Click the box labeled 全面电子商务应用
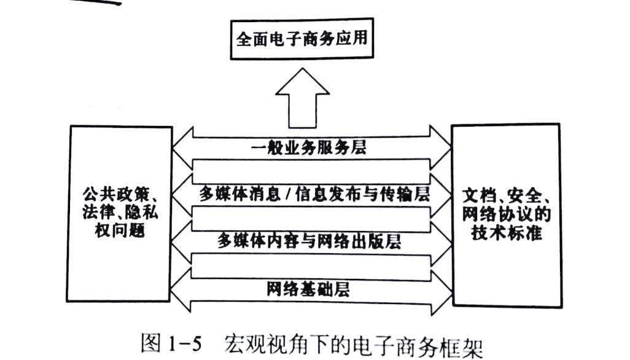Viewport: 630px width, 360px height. tap(301, 39)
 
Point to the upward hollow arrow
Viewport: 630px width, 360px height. tap(302, 98)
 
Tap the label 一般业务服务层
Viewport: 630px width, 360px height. tap(308, 148)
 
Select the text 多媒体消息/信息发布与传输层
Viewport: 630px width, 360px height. tap(314, 194)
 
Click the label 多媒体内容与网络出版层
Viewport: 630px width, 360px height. tap(309, 241)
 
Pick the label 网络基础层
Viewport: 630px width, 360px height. tap(308, 289)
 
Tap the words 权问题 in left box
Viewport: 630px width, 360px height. tap(120, 230)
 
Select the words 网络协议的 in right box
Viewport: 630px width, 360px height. tap(506, 214)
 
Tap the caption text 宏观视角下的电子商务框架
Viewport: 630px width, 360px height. tap(353, 345)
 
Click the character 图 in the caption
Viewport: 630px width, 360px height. tap(151, 343)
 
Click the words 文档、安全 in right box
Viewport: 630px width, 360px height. tap(503, 196)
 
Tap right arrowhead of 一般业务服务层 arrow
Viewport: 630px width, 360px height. tap(441, 147)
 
